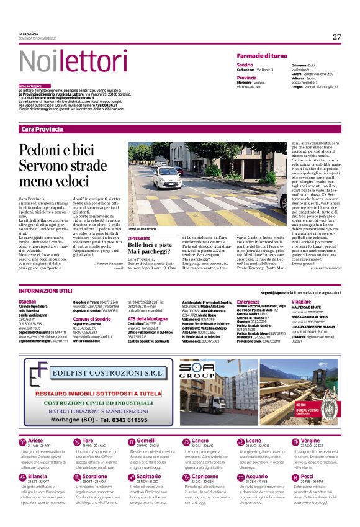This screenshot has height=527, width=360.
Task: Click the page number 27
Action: coord(336,37)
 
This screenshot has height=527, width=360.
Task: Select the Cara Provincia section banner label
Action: coord(42,129)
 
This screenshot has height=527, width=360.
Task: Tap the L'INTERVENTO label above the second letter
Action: coord(139,238)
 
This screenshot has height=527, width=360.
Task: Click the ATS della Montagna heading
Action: coord(153,318)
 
